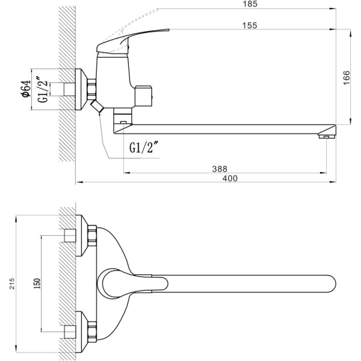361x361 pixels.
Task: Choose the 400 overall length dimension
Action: pyautogui.click(x=229, y=178)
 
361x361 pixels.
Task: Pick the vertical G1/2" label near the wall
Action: pyautogui.click(x=43, y=90)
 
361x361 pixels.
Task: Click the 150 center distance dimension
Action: pyautogui.click(x=37, y=284)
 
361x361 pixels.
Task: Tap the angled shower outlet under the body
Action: pyautogui.click(x=97, y=108)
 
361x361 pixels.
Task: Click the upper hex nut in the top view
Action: pyautogui.click(x=91, y=235)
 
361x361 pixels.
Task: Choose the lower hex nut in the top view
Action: pyautogui.click(x=91, y=331)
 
